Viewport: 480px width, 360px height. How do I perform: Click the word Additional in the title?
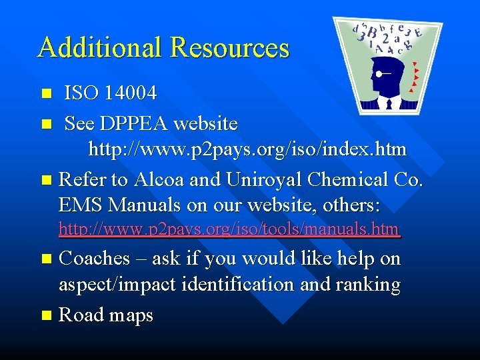coord(99,48)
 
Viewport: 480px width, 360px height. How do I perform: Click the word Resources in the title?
coord(229,48)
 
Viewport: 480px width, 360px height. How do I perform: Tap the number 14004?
coord(131,93)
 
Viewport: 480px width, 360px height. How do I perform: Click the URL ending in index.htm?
coord(247,149)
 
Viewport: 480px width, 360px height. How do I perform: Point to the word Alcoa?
coord(159,180)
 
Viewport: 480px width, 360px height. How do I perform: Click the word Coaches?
coord(95,259)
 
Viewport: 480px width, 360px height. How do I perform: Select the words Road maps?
coord(106,315)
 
